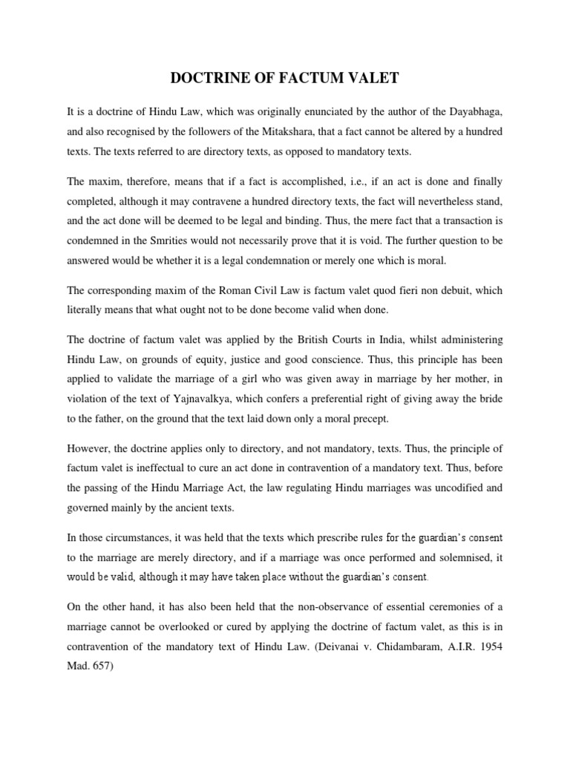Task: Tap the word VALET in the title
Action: point(370,76)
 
